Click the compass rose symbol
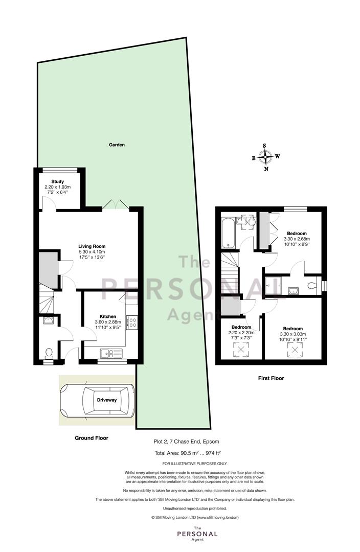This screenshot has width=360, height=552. (265, 157)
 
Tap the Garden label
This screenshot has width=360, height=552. (117, 145)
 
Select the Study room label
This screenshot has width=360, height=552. (57, 181)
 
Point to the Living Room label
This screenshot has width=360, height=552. (92, 246)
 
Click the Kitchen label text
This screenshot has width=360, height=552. (108, 316)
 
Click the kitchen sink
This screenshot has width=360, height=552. (110, 353)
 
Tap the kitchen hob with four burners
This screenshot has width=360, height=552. (133, 323)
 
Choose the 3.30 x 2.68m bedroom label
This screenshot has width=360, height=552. (297, 238)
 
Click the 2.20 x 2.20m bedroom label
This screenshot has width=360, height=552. (241, 332)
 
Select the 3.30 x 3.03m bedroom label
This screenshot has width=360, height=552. (292, 334)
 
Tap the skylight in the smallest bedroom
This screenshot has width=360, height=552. (241, 350)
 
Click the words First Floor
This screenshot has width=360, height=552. (271, 378)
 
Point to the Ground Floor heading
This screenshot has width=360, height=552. (91, 438)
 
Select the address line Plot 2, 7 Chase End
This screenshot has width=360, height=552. (186, 442)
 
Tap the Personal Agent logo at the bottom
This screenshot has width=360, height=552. (197, 534)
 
